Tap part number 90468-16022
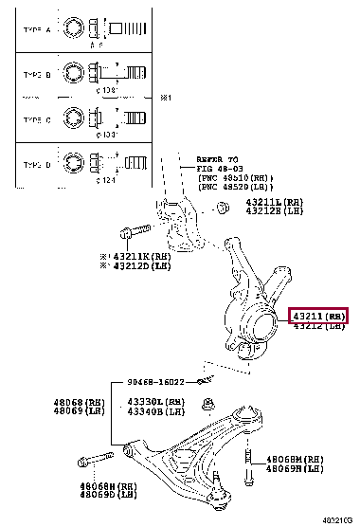(x=160, y=382)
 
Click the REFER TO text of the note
(x=220, y=159)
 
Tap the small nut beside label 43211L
(x=220, y=208)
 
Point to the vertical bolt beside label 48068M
(x=248, y=462)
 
